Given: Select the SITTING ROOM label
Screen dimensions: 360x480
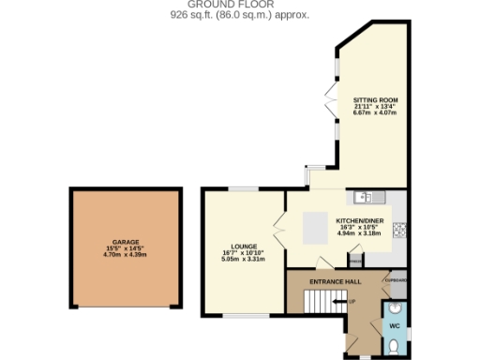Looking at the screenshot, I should pyautogui.click(x=374, y=99).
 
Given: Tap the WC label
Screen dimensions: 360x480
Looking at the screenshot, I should pyautogui.click(x=396, y=325).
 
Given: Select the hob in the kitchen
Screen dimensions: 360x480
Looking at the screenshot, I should pyautogui.click(x=398, y=229).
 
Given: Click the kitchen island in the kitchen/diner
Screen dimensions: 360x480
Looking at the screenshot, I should pyautogui.click(x=315, y=225).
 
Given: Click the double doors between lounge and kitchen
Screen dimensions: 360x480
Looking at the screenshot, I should pyautogui.click(x=279, y=225).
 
